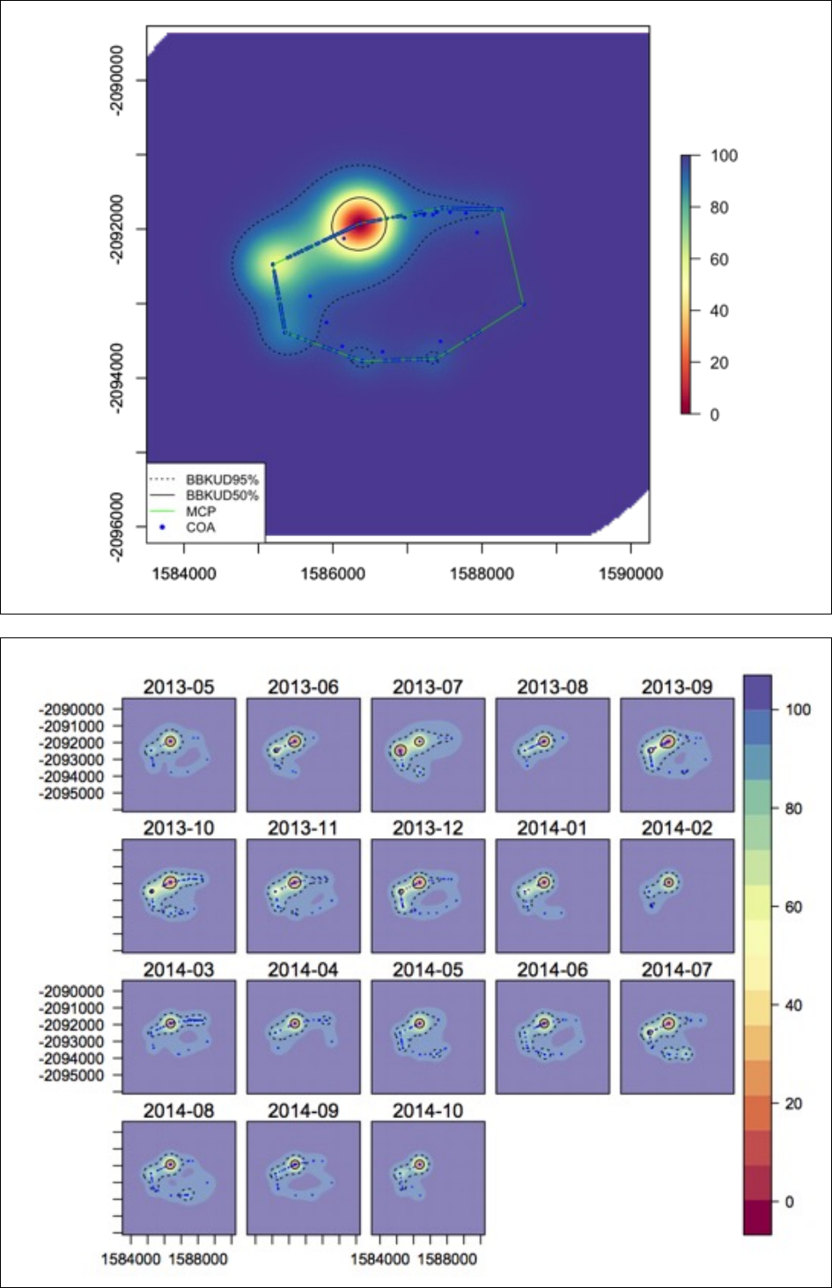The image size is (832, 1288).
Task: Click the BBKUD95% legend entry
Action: pos(222,480)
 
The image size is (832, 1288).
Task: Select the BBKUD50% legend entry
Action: pos(222,496)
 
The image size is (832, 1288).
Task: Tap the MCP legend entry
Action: pos(201,512)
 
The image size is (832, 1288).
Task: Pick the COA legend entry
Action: pos(201,527)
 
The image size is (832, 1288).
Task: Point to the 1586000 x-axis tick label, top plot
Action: pos(333,575)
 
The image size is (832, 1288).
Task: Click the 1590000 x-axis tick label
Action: pos(630,575)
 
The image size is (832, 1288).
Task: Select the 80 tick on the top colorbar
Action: pos(719,208)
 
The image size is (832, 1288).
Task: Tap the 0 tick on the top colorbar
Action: pos(714,415)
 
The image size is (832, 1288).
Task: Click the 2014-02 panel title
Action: pos(676,828)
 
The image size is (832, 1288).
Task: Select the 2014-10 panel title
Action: pos(428,1111)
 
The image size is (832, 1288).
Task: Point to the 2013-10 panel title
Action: pos(179,828)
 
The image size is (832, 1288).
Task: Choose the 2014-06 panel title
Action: pos(552,970)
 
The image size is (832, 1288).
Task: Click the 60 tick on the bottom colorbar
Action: pos(793,907)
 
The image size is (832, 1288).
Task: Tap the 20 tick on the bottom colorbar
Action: pos(793,1104)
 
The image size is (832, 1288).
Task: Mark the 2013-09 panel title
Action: pos(676,687)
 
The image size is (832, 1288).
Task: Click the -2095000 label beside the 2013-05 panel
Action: pos(71,793)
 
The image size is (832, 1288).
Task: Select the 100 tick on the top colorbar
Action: pos(724,156)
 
